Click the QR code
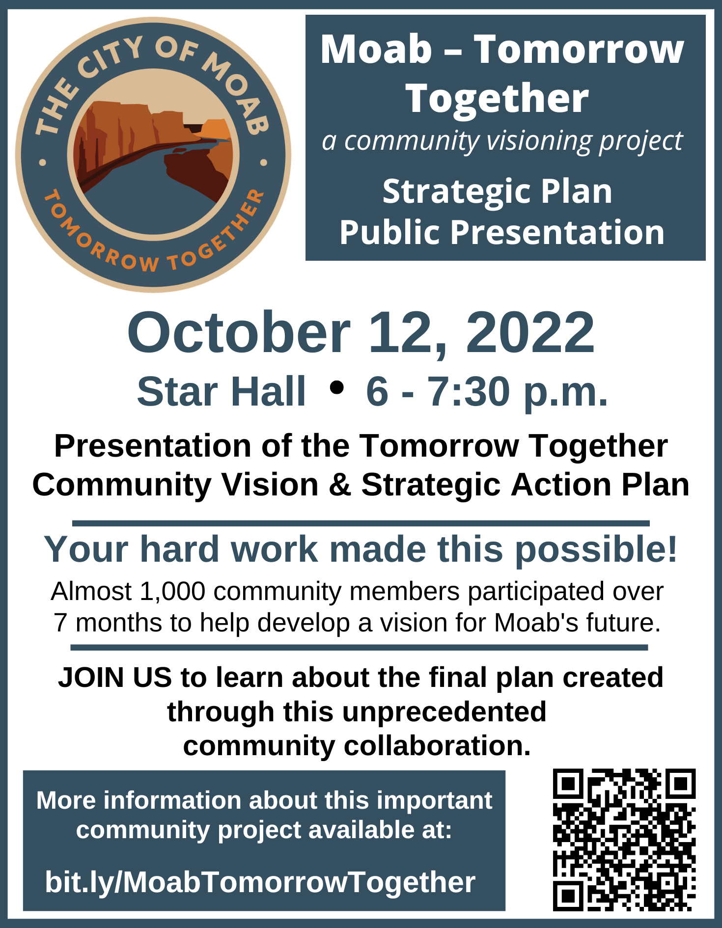624,840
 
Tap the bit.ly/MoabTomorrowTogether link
260,882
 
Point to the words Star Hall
221,391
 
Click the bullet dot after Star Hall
336,387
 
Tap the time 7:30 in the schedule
469,391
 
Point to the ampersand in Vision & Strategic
340,485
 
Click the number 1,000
172,591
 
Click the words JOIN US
115,678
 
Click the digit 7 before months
60,623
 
